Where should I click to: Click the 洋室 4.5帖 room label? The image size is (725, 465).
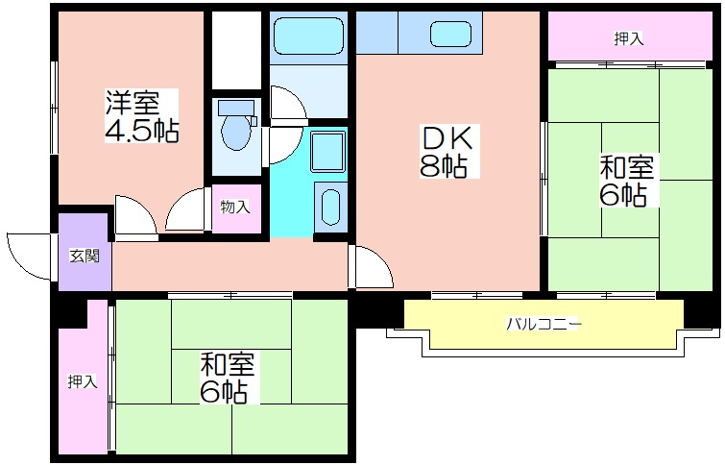pos(141,115)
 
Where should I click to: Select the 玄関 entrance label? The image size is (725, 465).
pos(85,256)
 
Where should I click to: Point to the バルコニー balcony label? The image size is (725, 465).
pos(544,324)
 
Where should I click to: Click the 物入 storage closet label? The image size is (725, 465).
pos(235,207)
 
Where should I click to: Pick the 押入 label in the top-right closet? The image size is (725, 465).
pos(629,38)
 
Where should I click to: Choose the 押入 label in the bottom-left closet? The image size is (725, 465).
pos(83,381)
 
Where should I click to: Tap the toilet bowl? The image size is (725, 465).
pos(236,131)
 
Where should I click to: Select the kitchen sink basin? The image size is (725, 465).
pos(450,35)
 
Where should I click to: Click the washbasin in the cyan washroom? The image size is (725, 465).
pos(330,207)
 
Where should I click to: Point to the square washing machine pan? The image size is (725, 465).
pos(327,151)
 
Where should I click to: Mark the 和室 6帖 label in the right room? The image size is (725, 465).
pos(626,181)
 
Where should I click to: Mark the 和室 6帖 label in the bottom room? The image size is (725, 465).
pos(227,377)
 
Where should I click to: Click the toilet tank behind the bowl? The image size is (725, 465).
pos(236,108)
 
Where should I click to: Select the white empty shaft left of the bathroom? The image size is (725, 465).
pos(237,50)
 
